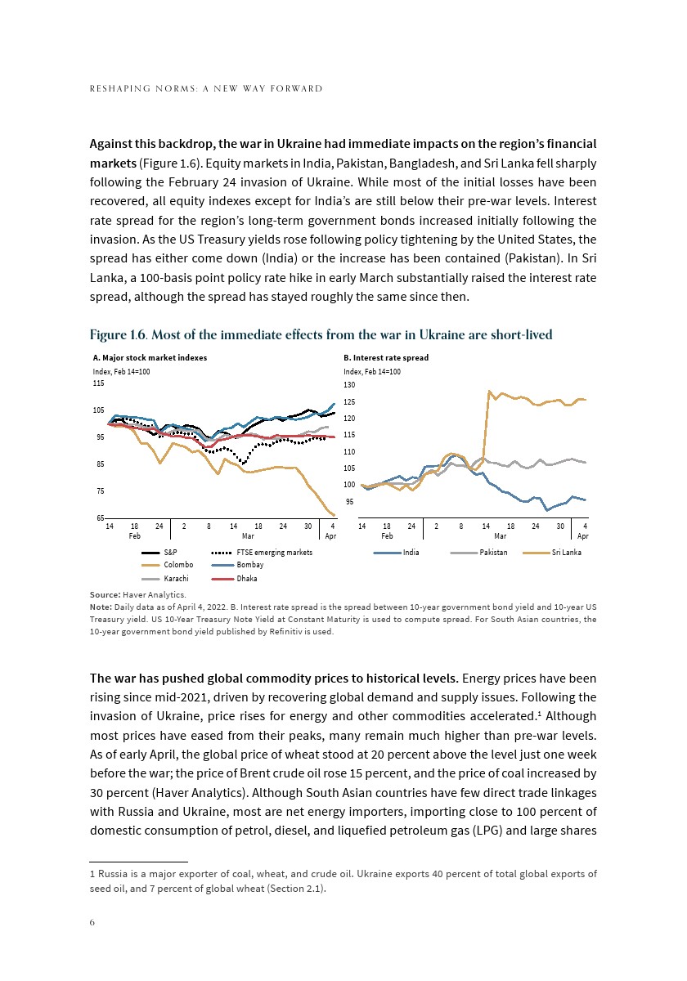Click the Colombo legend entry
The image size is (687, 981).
click(x=178, y=566)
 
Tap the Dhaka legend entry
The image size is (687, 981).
click(x=246, y=579)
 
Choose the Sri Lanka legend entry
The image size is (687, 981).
click(x=566, y=553)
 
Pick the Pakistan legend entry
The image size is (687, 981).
click(x=493, y=553)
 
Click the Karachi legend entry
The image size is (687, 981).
click(x=177, y=579)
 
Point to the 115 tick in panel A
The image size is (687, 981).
click(x=98, y=383)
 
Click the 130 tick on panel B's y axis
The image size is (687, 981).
click(x=349, y=385)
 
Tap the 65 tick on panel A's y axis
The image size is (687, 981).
click(x=100, y=518)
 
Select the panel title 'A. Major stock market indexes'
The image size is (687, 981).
click(x=150, y=358)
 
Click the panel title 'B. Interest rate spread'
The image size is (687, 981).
click(x=386, y=358)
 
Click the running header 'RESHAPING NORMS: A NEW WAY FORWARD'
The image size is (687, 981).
click(x=205, y=88)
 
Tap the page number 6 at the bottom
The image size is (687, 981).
click(x=92, y=921)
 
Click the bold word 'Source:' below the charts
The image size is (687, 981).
click(x=105, y=594)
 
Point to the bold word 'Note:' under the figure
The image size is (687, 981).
click(x=101, y=607)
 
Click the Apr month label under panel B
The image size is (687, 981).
click(x=583, y=536)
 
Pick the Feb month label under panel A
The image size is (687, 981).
click(x=135, y=536)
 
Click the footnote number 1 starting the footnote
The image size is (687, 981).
click(x=92, y=874)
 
